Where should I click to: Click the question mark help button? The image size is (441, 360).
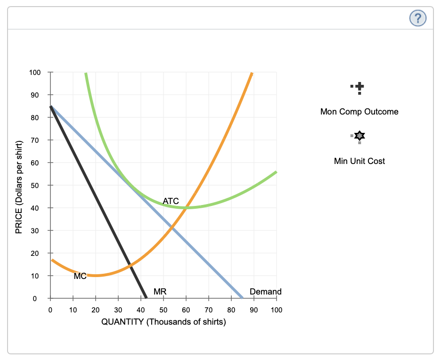(418, 18)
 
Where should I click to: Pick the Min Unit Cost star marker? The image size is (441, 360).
(359, 136)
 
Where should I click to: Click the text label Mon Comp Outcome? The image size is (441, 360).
(359, 112)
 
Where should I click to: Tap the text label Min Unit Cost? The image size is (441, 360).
(359, 161)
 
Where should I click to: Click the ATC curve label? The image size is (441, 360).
(171, 201)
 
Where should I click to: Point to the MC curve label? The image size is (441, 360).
(80, 277)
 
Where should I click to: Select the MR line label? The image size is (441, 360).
(160, 292)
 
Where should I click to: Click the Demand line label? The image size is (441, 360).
(265, 292)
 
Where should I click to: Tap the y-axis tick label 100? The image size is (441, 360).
(35, 73)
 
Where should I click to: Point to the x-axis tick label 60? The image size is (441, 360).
(186, 310)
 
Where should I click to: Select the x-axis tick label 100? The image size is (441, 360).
(277, 310)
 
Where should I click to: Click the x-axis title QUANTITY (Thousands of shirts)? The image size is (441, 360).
(163, 322)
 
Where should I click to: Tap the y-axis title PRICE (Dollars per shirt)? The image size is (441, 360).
(19, 185)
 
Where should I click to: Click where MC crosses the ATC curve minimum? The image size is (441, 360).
(187, 208)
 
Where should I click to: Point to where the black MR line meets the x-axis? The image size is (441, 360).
(147, 298)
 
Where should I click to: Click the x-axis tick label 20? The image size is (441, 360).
(96, 310)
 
